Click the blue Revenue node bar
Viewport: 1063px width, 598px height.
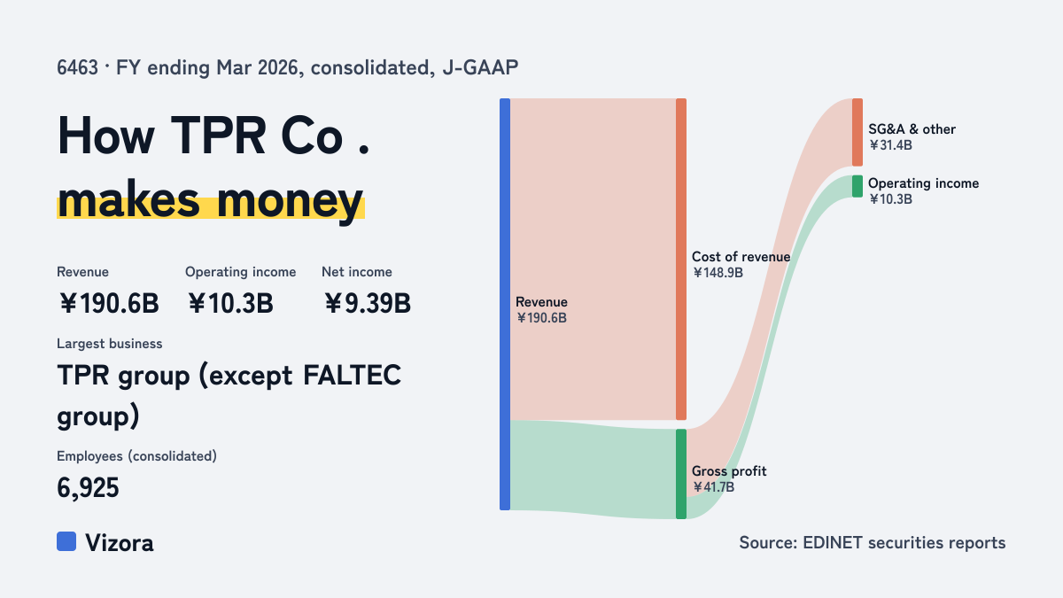(505, 304)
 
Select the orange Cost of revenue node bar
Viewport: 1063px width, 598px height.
(681, 259)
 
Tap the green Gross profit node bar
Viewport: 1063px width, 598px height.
(681, 474)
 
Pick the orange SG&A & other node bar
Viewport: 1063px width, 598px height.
(857, 132)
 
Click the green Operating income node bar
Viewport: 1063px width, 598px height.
(857, 186)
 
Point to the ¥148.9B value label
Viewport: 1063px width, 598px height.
(718, 273)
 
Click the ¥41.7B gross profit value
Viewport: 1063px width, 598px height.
(713, 487)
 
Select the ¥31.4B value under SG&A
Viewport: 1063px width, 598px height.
(890, 145)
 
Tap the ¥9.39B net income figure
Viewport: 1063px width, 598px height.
(368, 303)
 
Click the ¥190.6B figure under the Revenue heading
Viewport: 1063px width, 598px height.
(109, 303)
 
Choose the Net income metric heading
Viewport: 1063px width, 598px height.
(357, 272)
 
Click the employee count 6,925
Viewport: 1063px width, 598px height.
(88, 488)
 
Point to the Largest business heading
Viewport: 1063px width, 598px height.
(110, 344)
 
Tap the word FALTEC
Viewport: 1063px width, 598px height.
(352, 376)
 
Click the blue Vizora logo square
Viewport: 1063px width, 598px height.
(66, 541)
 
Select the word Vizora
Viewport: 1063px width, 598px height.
(120, 543)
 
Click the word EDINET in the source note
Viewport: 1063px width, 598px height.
(833, 542)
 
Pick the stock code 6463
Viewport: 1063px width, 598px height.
(77, 67)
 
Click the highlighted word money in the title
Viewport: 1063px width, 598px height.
(290, 201)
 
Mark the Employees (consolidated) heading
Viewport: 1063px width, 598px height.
(136, 456)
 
